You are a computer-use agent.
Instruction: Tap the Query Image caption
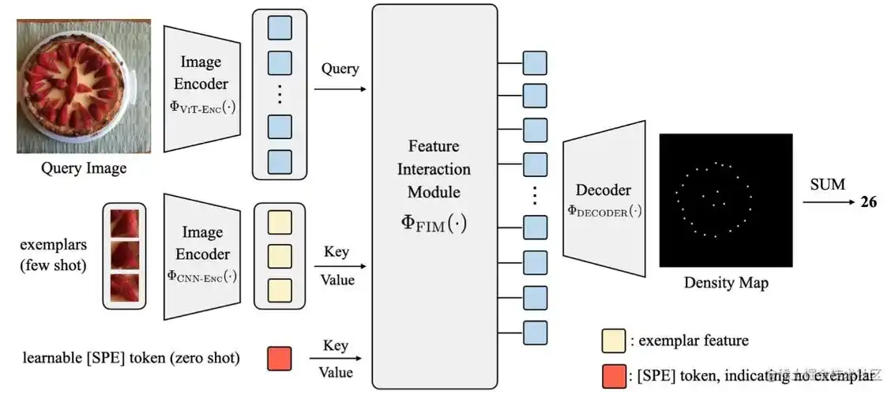(x=84, y=167)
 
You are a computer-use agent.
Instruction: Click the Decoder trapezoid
(x=603, y=200)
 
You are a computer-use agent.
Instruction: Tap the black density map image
(x=725, y=200)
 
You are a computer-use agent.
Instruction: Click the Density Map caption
(x=725, y=282)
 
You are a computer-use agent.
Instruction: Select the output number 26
(x=868, y=202)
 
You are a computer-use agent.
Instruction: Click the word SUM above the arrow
(x=826, y=185)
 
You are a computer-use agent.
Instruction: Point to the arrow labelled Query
(x=340, y=88)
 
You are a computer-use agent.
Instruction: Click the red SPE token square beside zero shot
(x=279, y=358)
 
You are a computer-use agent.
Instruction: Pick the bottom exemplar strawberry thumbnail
(x=125, y=288)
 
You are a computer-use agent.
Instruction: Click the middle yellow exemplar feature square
(x=279, y=255)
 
